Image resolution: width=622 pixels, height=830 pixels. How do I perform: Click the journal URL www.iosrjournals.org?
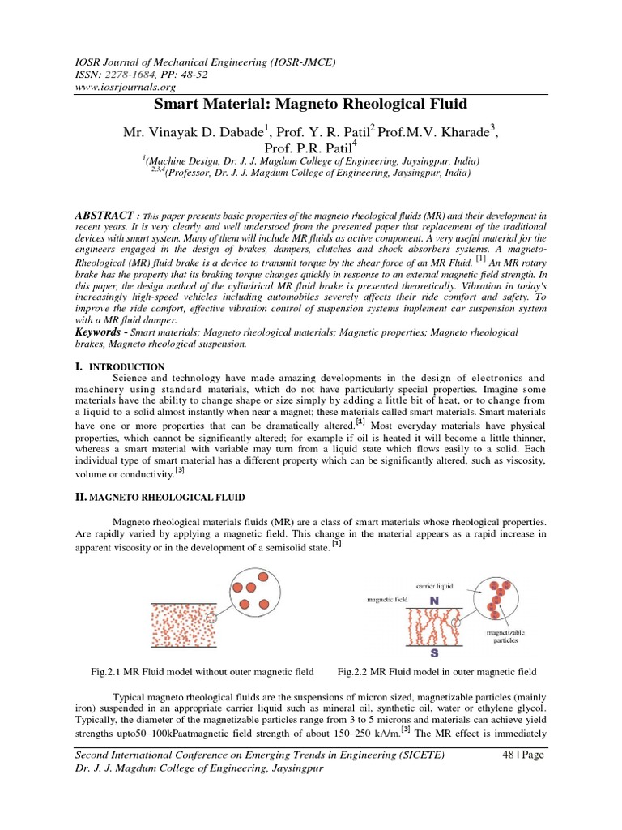tap(126, 87)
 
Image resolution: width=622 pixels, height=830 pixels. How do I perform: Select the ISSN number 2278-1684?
tap(144, 74)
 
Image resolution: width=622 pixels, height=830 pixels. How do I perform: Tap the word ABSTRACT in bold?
tap(104, 215)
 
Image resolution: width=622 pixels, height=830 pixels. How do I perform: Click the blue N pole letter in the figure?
tap(434, 603)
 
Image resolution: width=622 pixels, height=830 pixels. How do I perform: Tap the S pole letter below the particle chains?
tap(435, 654)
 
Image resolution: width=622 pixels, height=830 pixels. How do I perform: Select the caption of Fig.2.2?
tap(436, 673)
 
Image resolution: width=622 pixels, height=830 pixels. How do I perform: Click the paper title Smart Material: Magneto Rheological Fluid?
tap(311, 105)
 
